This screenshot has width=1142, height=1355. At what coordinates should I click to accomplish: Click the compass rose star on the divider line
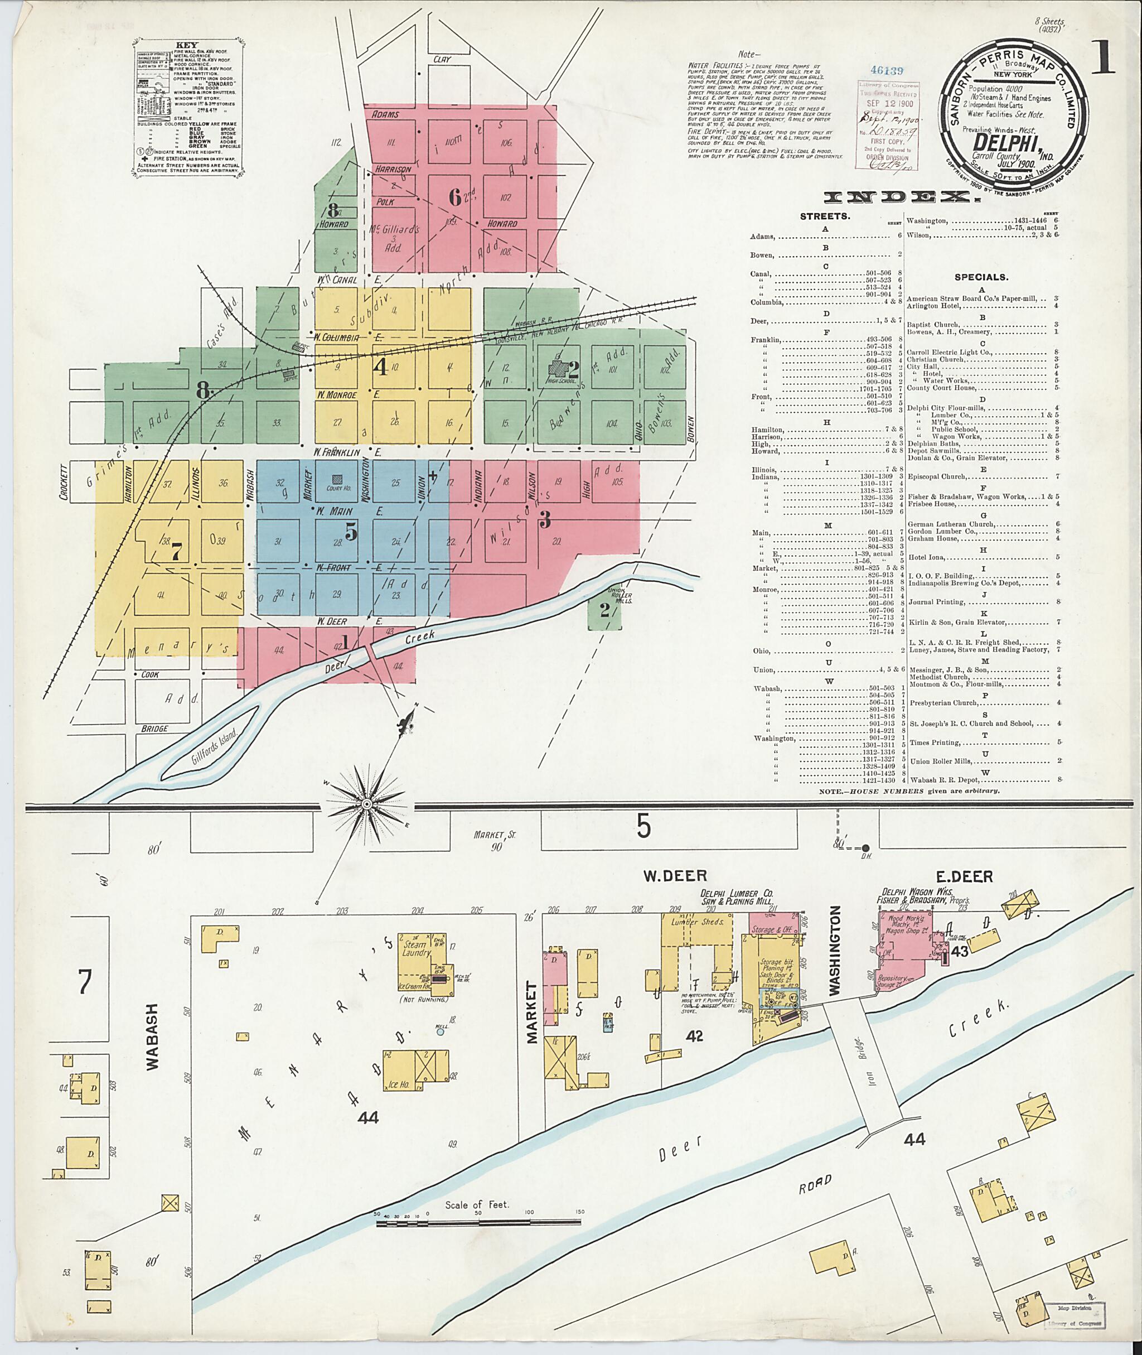click(366, 804)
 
